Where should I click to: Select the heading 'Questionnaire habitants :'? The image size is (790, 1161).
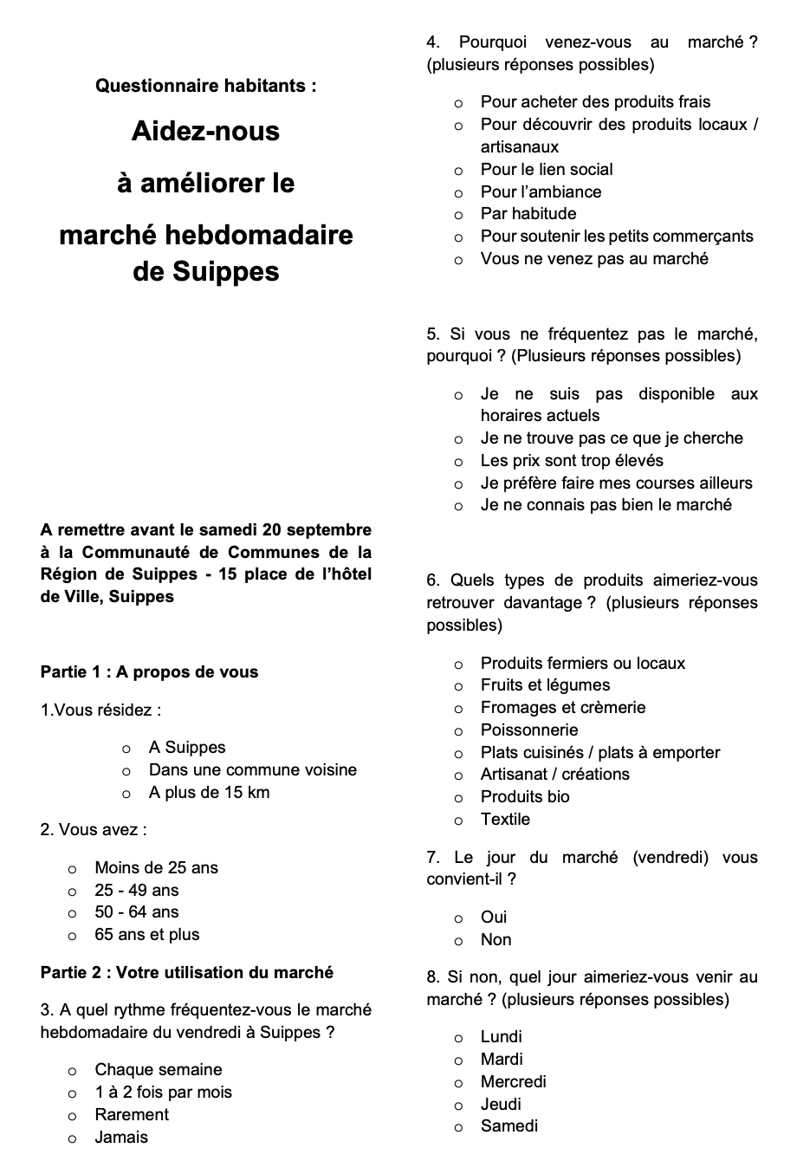(x=206, y=86)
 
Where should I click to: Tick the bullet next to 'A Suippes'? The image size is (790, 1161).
(x=126, y=749)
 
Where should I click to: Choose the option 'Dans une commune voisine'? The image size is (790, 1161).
(x=252, y=769)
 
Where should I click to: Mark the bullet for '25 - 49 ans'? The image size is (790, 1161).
(x=73, y=892)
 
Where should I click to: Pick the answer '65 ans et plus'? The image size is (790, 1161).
(x=146, y=934)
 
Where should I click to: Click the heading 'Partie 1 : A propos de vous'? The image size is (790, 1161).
(x=149, y=671)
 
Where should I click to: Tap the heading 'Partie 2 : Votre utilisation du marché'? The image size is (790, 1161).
(x=186, y=972)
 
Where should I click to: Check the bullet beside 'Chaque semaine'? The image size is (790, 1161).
(x=73, y=1071)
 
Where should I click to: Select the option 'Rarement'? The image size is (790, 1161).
(x=132, y=1114)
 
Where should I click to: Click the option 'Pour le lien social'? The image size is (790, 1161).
(x=546, y=169)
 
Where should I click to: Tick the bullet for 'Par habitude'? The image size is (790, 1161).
(x=458, y=215)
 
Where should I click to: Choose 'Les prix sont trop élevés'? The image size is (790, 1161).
(x=572, y=460)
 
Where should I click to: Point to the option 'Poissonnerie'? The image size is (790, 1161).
(x=528, y=730)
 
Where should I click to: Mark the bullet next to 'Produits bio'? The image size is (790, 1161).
(x=458, y=798)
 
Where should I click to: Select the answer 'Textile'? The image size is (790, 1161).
(x=505, y=819)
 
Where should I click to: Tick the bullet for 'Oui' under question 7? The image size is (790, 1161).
(x=458, y=918)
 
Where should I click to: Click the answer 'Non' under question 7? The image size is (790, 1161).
(x=495, y=939)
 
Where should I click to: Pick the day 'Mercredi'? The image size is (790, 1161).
(x=513, y=1081)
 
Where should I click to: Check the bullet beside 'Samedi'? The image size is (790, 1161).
(x=458, y=1127)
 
